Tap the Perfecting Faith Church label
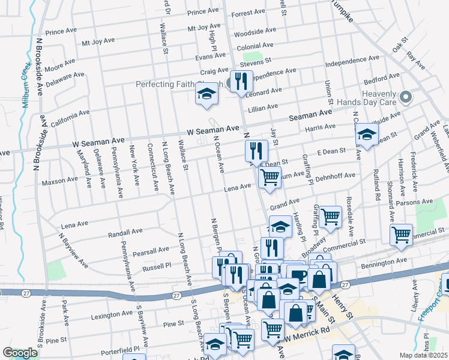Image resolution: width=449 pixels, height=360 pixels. [179, 85]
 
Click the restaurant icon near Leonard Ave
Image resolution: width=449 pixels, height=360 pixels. [241, 81]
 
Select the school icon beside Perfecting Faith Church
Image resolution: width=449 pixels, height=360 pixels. [206, 94]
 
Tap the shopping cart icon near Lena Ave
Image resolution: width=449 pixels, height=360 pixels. [270, 177]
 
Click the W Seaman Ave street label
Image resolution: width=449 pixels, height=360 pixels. [212, 130]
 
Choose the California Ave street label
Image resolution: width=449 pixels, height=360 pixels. [70, 117]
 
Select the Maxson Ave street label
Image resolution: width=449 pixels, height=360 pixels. [60, 179]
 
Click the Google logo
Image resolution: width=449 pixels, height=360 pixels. [20, 353]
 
